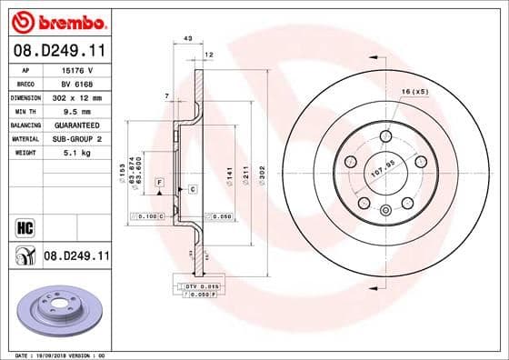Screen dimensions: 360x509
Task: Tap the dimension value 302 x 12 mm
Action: pyautogui.click(x=76, y=95)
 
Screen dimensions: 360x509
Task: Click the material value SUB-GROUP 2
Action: pyautogui.click(x=76, y=139)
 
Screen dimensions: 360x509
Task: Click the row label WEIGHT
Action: pyautogui.click(x=24, y=154)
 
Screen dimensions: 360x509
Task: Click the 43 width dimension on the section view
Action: pyautogui.click(x=187, y=38)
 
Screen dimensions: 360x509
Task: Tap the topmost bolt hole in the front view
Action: pyautogui.click(x=385, y=136)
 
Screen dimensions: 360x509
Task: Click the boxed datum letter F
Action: pyautogui.click(x=159, y=183)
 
